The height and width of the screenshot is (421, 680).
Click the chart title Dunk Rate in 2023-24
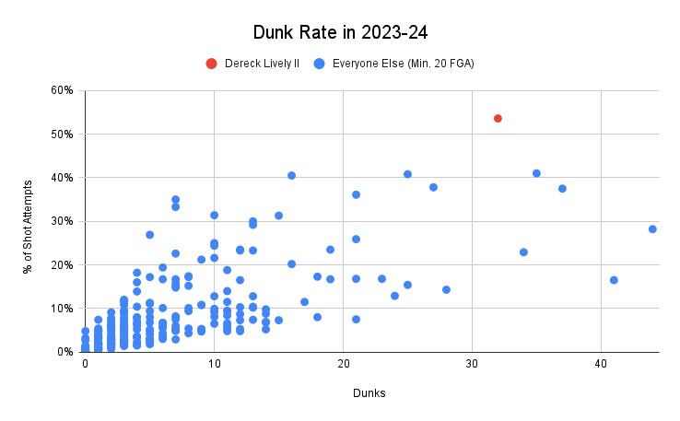coord(339,33)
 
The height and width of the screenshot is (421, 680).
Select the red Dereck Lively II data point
coord(498,118)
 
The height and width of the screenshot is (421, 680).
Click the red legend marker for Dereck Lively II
coord(211,64)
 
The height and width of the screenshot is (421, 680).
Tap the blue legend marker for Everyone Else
coord(318,64)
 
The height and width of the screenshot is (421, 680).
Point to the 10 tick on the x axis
coord(214,364)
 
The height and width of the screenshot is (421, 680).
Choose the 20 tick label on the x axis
coord(343,364)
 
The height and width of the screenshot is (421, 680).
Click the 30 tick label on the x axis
coord(472,364)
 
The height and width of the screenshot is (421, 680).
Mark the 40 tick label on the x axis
coord(601,364)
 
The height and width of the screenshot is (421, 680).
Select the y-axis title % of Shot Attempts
coord(26,220)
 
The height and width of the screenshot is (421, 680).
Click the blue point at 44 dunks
coord(652,228)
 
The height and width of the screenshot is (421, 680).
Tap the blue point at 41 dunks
coord(614,280)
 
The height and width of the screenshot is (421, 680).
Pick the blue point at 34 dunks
coord(523,251)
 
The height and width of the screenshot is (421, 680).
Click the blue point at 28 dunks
coord(446,289)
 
